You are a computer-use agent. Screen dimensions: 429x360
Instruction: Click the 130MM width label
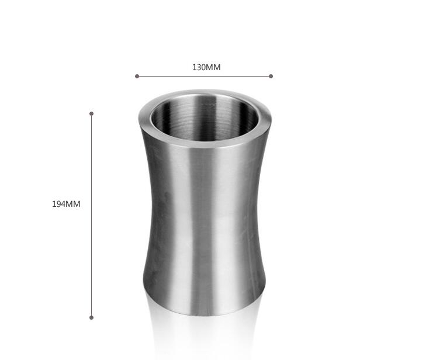[x=206, y=67]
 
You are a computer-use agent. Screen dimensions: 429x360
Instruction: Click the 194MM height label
[x=66, y=204]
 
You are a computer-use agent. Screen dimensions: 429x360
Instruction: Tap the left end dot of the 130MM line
[x=137, y=76]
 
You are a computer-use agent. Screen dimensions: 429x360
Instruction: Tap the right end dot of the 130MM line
[x=271, y=76]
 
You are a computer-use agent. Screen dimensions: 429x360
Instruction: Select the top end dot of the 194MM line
[x=91, y=113]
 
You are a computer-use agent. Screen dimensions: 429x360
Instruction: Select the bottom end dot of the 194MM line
[x=91, y=317]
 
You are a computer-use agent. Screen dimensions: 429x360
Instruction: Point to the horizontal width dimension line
[x=204, y=76]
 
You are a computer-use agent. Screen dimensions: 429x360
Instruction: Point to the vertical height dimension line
[x=91, y=216]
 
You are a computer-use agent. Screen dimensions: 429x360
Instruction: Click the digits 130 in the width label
[x=198, y=67]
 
